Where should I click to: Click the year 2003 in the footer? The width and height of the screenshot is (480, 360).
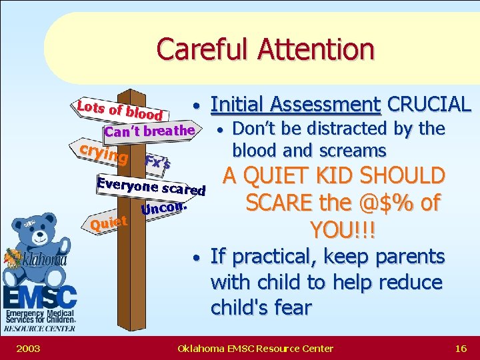(29, 348)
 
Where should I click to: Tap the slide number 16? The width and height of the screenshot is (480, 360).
(460, 348)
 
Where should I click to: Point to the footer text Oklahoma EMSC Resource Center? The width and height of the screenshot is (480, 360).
(255, 348)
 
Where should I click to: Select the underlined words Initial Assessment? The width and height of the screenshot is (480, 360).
(295, 104)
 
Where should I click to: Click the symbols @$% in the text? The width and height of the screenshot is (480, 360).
(382, 203)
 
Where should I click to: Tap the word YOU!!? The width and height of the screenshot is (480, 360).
(343, 230)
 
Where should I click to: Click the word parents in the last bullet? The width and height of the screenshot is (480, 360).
(411, 256)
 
